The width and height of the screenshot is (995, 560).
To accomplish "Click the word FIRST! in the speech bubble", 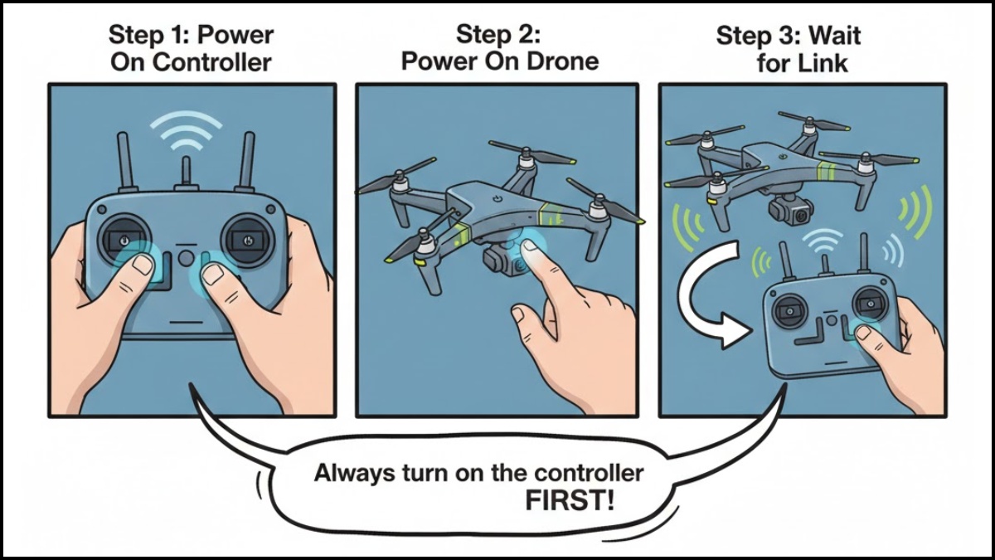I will click(x=570, y=500).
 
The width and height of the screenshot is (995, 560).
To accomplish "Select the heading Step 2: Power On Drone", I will click(x=499, y=47).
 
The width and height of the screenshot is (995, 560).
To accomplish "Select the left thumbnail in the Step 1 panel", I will click(x=143, y=265).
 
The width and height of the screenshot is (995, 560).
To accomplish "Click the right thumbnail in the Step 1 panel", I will click(x=213, y=271).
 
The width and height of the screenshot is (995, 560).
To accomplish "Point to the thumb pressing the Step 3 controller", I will click(x=867, y=334).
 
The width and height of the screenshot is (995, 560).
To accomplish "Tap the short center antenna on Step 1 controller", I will click(x=187, y=170).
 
